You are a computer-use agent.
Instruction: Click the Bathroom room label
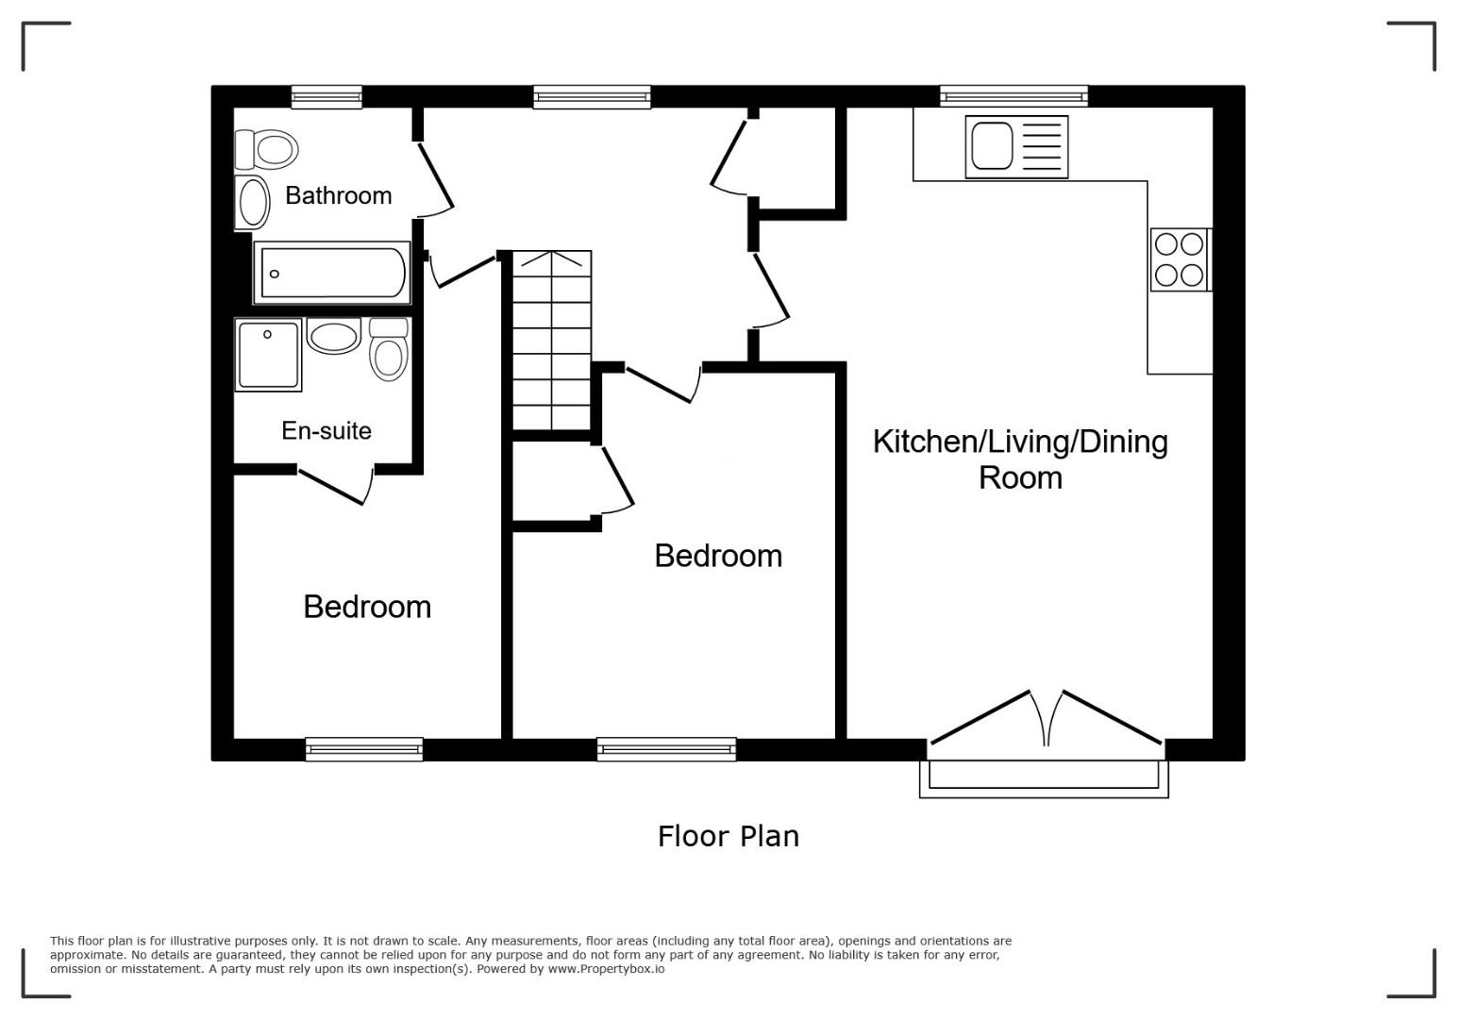tap(338, 195)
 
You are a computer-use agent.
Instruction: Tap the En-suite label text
tap(327, 430)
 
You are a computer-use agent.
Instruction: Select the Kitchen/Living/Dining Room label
tap(1020, 459)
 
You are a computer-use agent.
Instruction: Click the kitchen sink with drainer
tap(1016, 146)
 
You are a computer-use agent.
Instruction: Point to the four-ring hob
tap(1181, 259)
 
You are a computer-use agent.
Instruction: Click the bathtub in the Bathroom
tap(332, 273)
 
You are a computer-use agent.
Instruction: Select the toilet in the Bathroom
tap(267, 149)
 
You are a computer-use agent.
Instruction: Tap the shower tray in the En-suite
tap(269, 355)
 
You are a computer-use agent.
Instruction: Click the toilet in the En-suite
tap(389, 349)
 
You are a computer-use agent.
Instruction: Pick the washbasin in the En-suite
tap(334, 336)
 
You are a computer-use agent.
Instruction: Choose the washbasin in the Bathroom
tap(252, 202)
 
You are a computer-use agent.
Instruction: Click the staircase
tap(552, 340)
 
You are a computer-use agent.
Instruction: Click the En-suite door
tap(336, 486)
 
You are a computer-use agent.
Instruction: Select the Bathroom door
tap(434, 179)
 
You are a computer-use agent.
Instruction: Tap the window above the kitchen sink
tap(1013, 97)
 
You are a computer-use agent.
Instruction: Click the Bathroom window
tap(327, 97)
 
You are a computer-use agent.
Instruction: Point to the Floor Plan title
tap(728, 836)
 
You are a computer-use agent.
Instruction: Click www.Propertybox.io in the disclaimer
tap(606, 969)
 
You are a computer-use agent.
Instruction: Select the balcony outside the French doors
tap(1044, 778)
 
